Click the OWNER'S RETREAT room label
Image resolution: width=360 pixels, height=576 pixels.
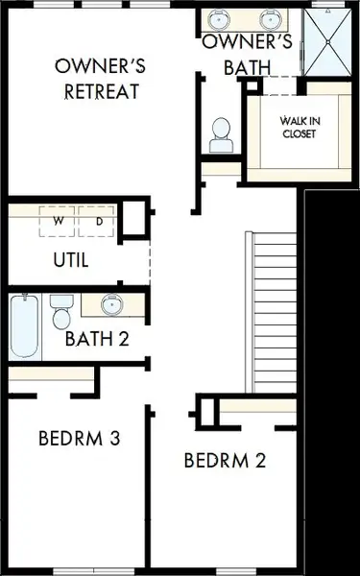tap(101, 79)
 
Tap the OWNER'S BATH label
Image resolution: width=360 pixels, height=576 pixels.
tap(246, 55)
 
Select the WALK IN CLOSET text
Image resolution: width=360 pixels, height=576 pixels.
tap(298, 127)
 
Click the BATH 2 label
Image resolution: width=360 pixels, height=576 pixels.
tap(96, 338)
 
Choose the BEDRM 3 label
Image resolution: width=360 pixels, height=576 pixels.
tap(79, 439)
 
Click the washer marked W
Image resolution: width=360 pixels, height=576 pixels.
tap(59, 222)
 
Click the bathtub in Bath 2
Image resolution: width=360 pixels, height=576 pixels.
tap(24, 325)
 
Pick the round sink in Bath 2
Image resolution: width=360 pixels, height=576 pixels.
tap(111, 306)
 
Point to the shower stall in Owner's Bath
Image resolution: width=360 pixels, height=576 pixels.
tap(330, 41)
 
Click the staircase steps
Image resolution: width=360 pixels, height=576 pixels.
tap(272, 312)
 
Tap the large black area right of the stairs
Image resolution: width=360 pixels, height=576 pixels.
tap(331, 384)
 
